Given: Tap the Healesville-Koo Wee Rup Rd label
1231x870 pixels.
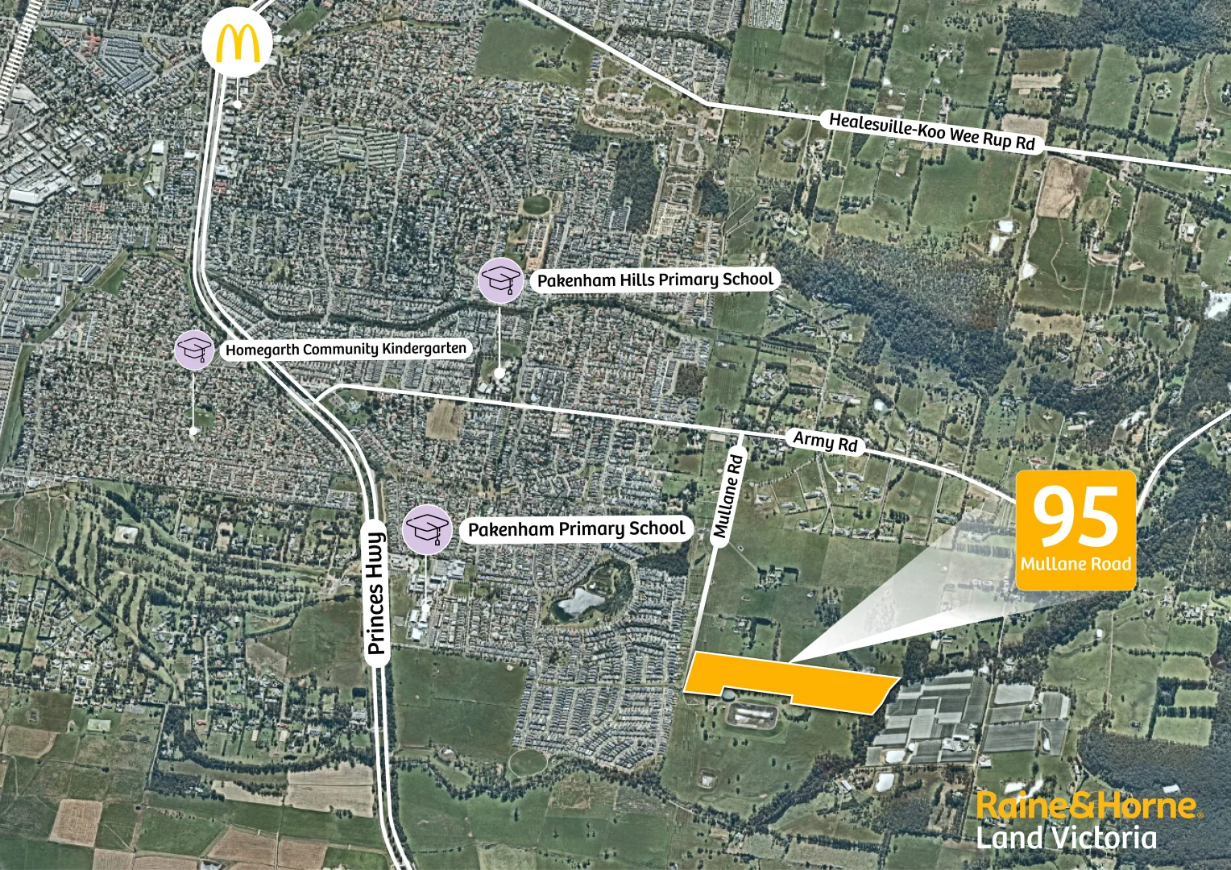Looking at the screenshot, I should coord(932,131).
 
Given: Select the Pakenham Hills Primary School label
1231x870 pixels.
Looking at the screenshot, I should coord(655,280).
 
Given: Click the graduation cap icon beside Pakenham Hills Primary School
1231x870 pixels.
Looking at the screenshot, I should coord(501,280).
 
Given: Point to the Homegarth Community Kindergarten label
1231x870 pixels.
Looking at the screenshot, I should coord(346,349).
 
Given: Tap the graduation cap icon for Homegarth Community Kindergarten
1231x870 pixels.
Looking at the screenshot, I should coord(194,350).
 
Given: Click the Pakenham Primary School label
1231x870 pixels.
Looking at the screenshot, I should coord(576,529).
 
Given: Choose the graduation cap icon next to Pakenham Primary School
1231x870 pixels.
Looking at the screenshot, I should coord(427,529).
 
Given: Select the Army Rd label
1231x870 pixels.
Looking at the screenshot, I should coord(826,441).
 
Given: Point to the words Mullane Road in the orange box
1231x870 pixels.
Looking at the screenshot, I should coord(1076,564).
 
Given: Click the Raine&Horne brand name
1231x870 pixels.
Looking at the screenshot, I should coord(1087,805).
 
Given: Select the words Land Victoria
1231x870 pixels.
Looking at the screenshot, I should coord(1067,838).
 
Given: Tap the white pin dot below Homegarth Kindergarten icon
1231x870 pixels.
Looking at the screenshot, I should coord(193,432).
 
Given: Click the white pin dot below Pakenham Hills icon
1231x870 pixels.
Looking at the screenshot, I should coord(500,372).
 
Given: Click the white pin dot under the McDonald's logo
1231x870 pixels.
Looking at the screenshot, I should coord(236,104).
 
